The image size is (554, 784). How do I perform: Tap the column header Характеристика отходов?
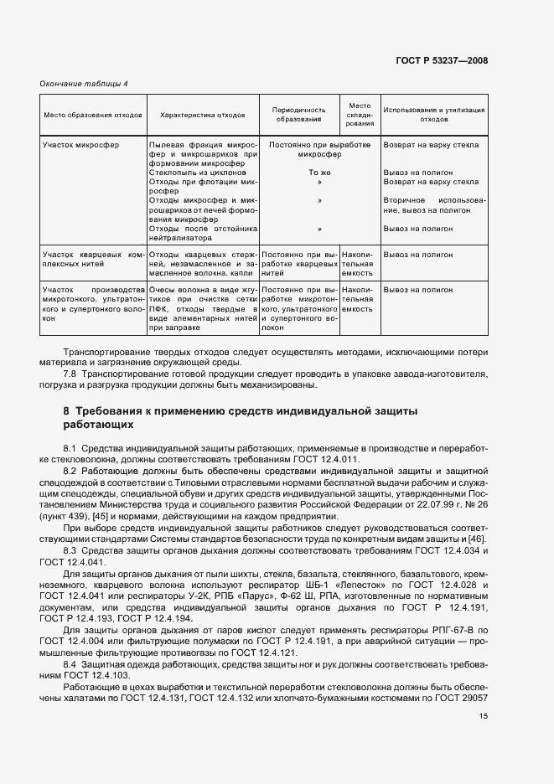click(x=202, y=114)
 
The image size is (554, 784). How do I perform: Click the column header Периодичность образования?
click(x=299, y=114)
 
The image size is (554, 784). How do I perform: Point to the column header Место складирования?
click(x=360, y=114)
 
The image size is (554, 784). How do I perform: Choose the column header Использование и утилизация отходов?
click(x=433, y=114)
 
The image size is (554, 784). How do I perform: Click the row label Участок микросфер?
click(x=80, y=145)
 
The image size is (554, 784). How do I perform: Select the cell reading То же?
click(x=299, y=173)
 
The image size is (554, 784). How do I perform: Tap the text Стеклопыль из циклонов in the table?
click(x=198, y=173)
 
